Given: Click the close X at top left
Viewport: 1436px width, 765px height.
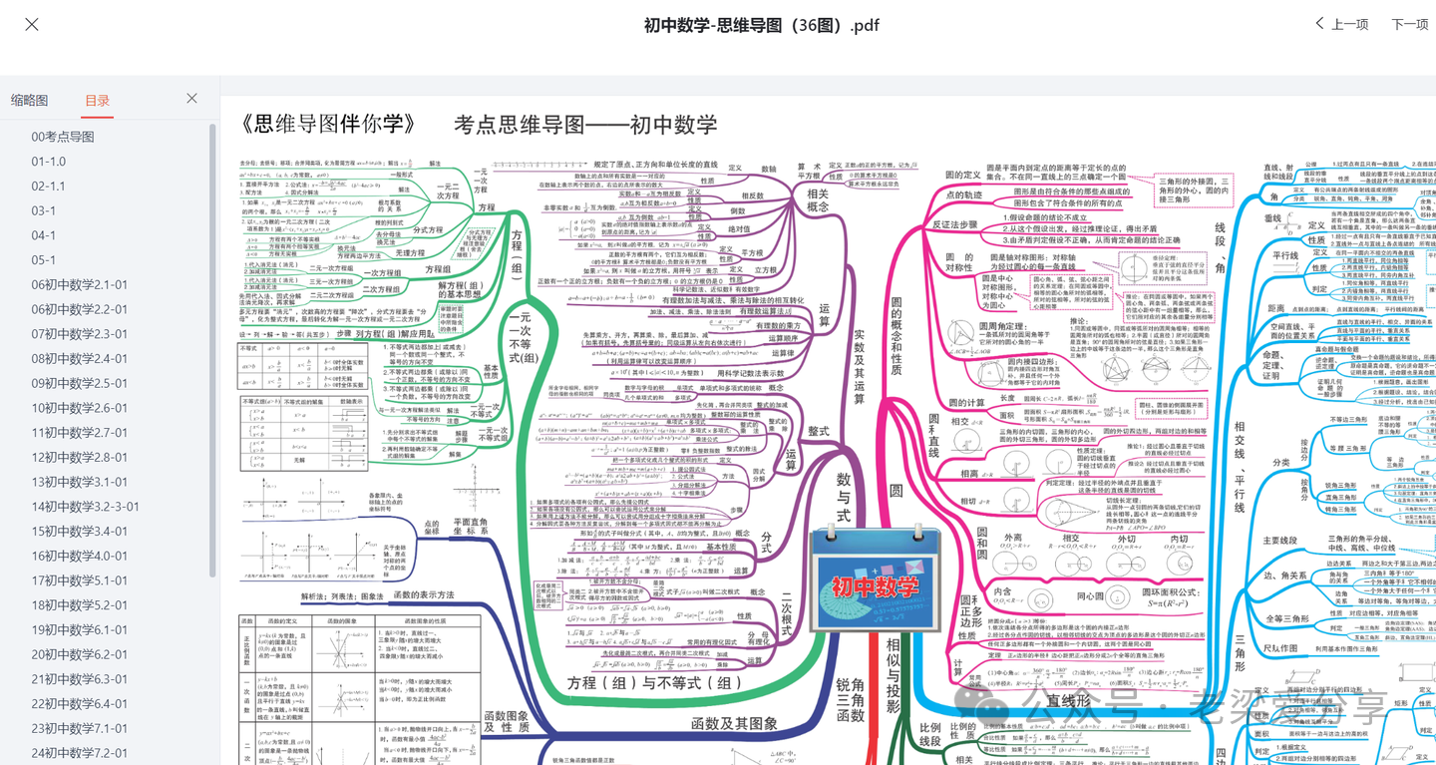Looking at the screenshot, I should (x=32, y=25).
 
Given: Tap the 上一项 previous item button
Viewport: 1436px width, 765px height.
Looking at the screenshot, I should (x=1341, y=24).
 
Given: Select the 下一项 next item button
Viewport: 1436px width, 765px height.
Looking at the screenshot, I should (x=1410, y=24).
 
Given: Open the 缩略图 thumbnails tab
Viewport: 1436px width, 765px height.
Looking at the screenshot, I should (x=30, y=100).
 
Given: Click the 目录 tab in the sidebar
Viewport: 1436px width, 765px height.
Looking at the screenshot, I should (x=98, y=100).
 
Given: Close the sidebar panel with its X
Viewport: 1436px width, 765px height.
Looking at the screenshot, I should (x=191, y=99).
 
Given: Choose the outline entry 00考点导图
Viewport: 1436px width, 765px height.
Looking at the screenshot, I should (x=63, y=137).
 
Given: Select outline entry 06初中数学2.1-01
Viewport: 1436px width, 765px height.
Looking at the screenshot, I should (x=80, y=284).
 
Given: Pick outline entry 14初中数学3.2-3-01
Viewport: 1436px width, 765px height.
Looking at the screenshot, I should (x=86, y=506).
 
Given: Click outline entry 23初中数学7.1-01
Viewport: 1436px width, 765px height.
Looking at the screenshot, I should (x=80, y=728).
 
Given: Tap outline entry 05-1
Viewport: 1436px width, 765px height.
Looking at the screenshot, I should (x=44, y=259).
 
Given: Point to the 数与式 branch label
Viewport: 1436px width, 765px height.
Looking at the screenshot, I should (x=844, y=498).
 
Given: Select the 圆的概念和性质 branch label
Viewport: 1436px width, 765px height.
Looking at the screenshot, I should (x=896, y=335).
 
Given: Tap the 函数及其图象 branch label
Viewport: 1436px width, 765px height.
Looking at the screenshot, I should (x=734, y=723).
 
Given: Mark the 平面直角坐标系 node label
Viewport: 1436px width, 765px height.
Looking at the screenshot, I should (x=470, y=526).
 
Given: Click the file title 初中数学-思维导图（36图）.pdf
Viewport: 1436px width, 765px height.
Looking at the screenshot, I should (x=762, y=25).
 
